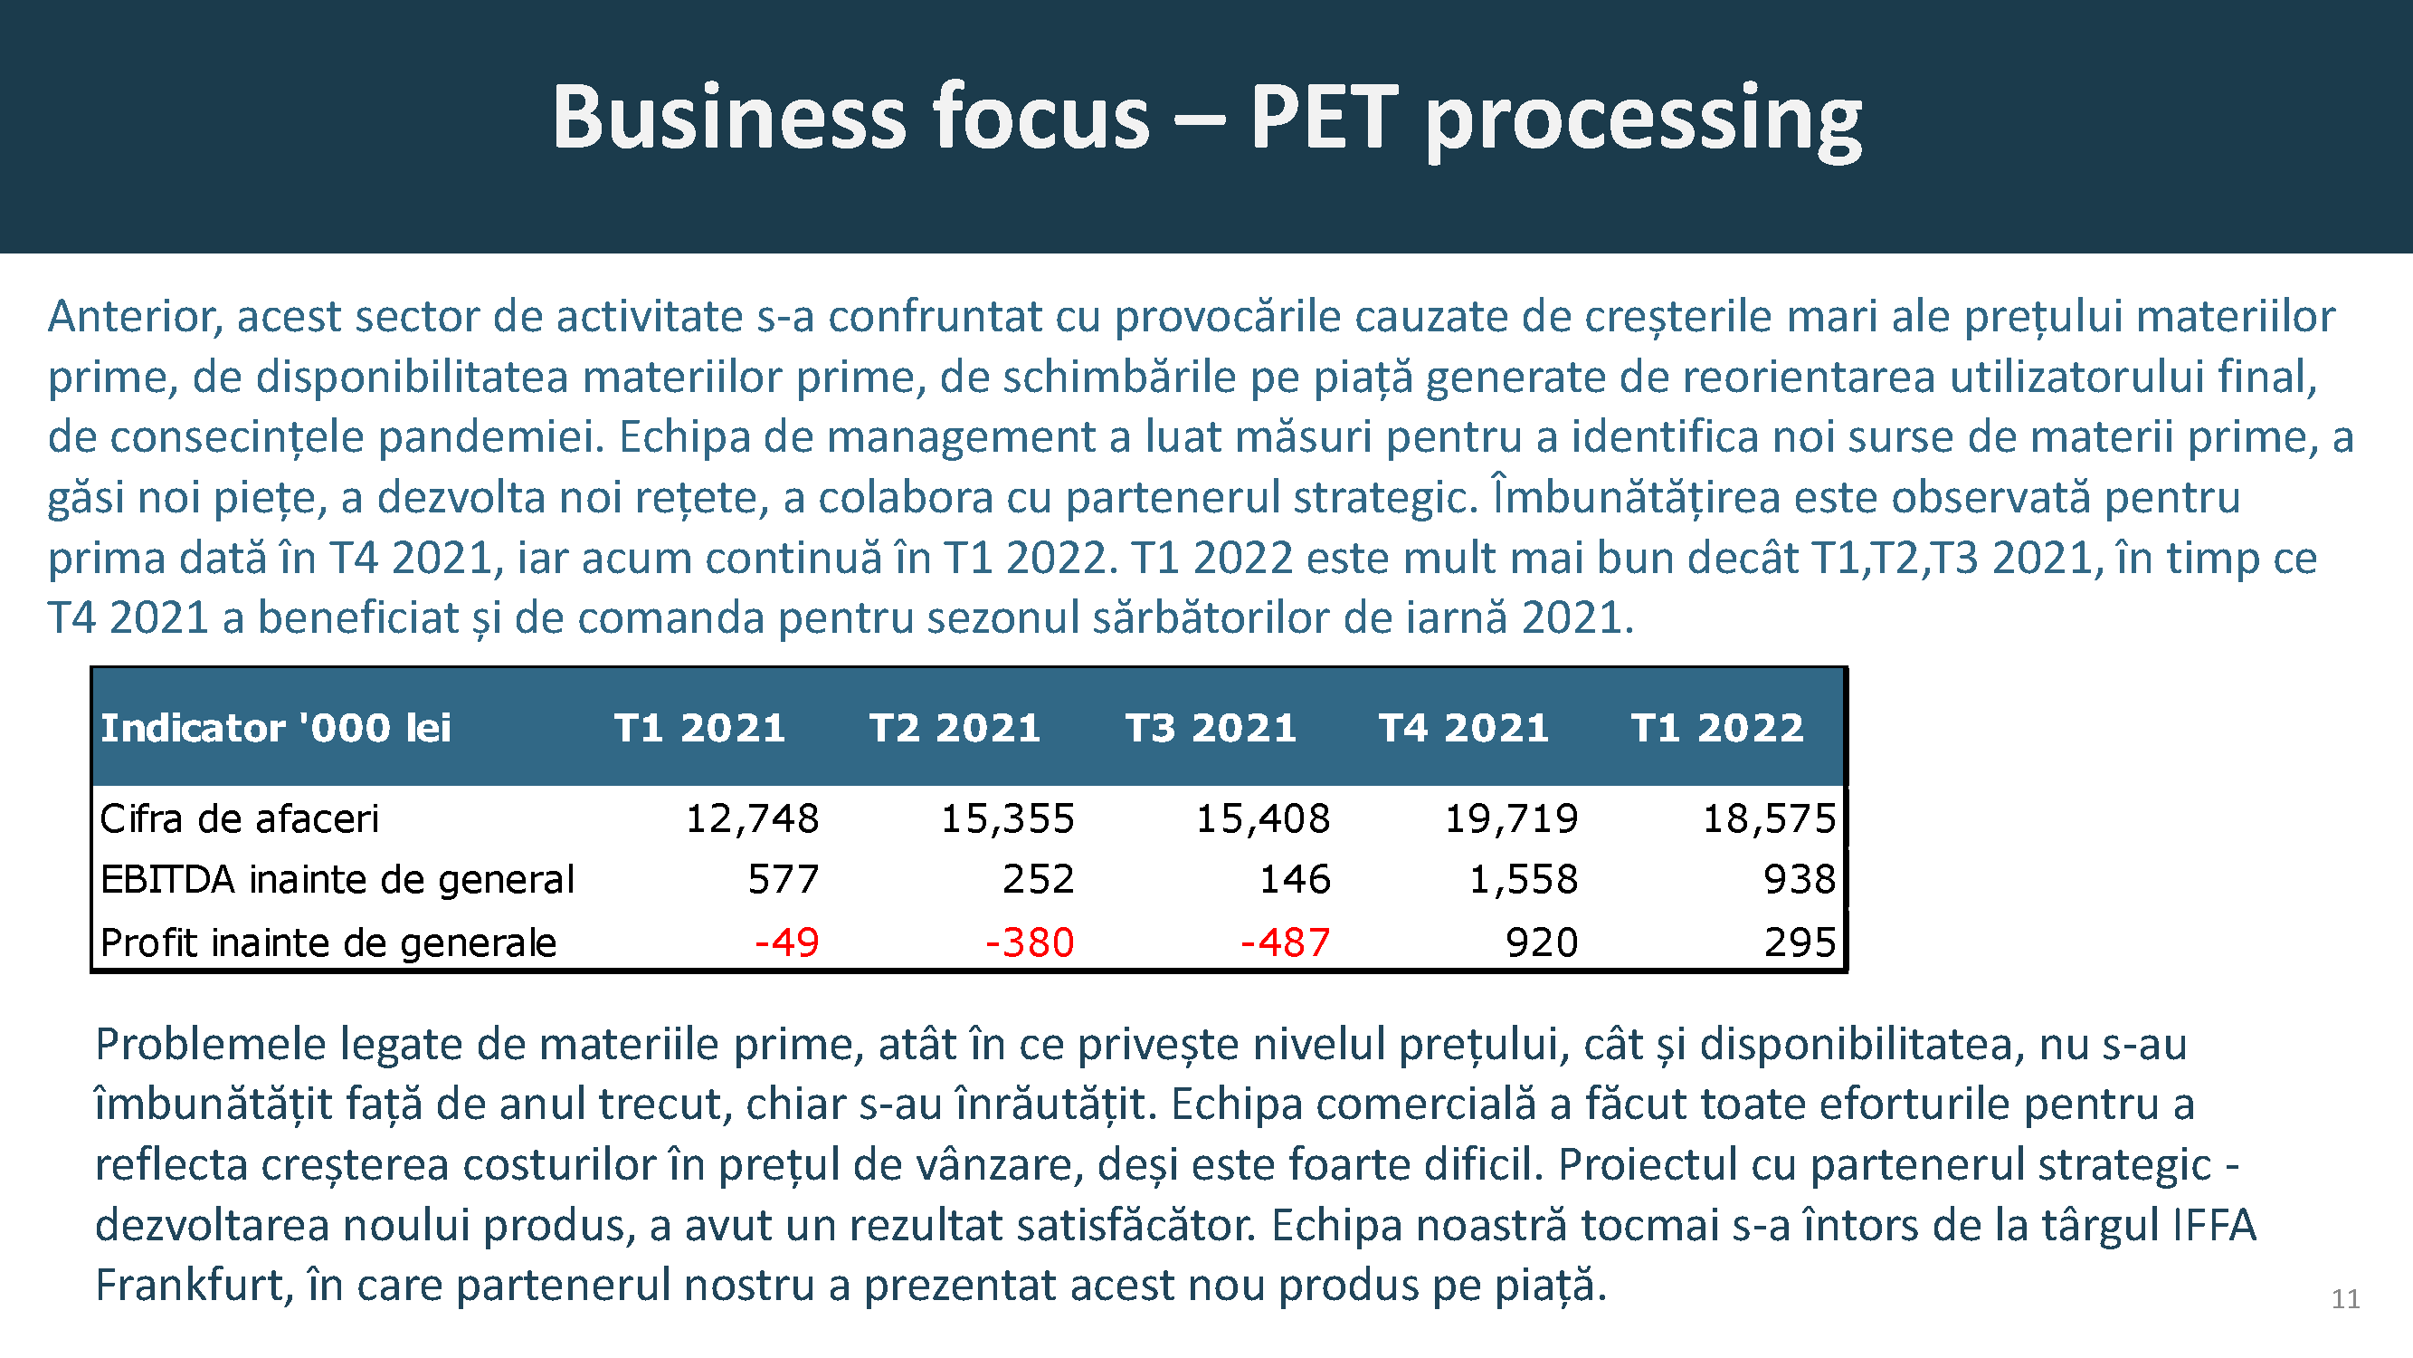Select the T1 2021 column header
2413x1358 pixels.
(698, 728)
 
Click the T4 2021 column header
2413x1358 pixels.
(1463, 728)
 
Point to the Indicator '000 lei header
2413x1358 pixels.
(275, 728)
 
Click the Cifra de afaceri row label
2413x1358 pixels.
(239, 819)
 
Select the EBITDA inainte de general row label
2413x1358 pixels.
(337, 880)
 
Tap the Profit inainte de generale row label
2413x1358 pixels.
(328, 942)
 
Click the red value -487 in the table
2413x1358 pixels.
(1284, 942)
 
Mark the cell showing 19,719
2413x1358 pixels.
(1511, 819)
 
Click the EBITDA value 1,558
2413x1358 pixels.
(1523, 880)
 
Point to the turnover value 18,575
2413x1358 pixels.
(1769, 819)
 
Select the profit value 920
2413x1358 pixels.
(1542, 942)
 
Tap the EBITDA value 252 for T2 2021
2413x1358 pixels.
(1038, 880)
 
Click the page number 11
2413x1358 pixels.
(2344, 1299)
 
